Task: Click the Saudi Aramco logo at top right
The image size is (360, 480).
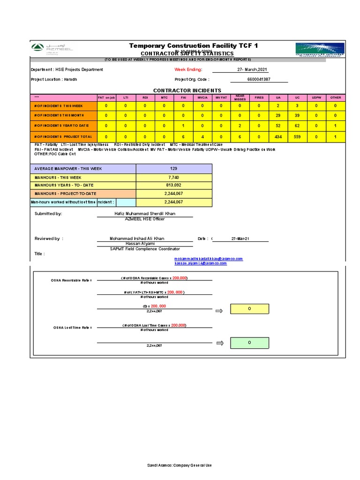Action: (x=320, y=50)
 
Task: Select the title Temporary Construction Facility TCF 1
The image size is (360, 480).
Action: (x=193, y=45)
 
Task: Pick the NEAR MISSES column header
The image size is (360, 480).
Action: (x=240, y=97)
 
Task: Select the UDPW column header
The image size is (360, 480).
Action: (x=316, y=97)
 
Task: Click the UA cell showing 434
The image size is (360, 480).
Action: (x=278, y=136)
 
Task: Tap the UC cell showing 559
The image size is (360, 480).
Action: (x=297, y=136)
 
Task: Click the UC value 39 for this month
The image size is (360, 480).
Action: (x=297, y=115)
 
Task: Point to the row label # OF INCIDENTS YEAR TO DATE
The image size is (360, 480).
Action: (x=62, y=126)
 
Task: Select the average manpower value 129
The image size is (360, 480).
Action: (x=174, y=168)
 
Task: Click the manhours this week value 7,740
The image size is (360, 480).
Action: (x=174, y=178)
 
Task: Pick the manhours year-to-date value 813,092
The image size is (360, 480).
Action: (x=174, y=185)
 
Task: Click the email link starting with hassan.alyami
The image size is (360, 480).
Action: (x=201, y=263)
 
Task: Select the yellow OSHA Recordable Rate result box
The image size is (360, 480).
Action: (x=249, y=309)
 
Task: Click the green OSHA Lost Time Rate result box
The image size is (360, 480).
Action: (x=249, y=343)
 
